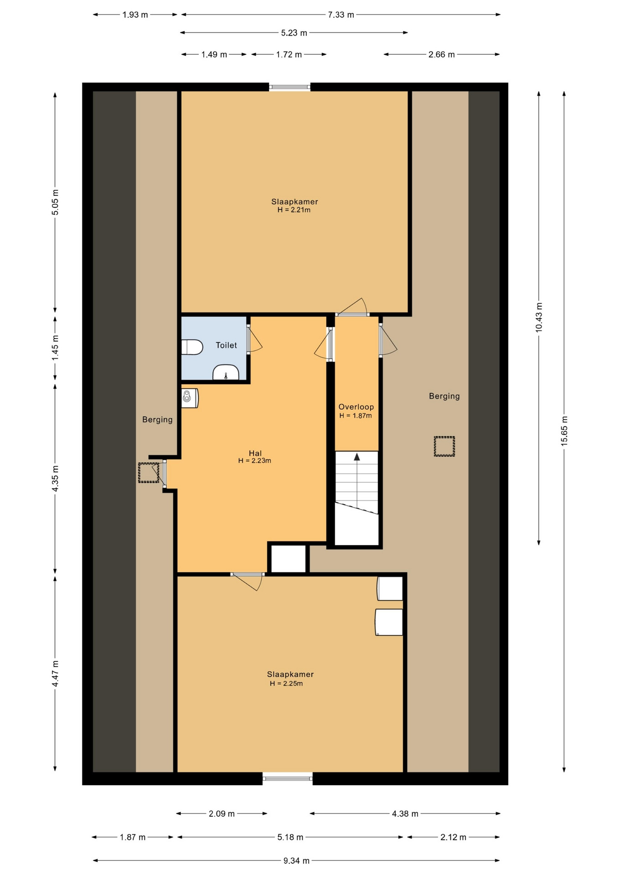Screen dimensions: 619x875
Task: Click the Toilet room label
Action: [226, 345]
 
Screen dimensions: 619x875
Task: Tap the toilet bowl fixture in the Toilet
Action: [192, 347]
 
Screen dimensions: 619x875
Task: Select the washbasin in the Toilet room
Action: [226, 372]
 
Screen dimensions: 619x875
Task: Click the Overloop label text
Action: [356, 407]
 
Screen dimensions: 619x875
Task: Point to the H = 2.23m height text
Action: [255, 461]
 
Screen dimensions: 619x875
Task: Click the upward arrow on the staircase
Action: [357, 457]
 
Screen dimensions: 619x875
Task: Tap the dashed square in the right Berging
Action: [444, 446]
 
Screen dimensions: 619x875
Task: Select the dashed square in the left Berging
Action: [149, 473]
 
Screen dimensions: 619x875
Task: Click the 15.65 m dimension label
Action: [564, 431]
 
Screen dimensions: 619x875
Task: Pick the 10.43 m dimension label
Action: [539, 318]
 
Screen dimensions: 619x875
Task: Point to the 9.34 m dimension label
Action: [296, 861]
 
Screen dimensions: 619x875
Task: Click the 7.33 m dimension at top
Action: [341, 15]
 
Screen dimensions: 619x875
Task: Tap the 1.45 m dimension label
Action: [55, 348]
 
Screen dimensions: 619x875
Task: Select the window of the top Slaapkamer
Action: [289, 87]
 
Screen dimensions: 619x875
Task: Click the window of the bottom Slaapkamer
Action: [288, 778]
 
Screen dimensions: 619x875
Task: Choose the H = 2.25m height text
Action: [286, 684]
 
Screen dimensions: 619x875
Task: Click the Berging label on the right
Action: [444, 396]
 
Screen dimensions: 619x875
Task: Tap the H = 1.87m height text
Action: [356, 416]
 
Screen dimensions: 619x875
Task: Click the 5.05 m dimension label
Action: [55, 202]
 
